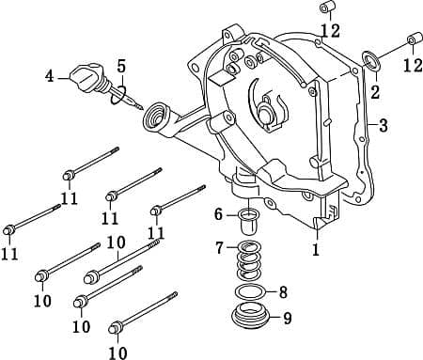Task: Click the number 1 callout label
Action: click(x=316, y=250)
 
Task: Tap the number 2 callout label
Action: click(x=374, y=92)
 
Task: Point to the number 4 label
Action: click(x=50, y=75)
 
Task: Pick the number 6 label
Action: click(x=219, y=214)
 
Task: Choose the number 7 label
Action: click(x=219, y=248)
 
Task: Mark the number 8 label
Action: click(x=283, y=291)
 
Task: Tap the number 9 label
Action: click(x=287, y=318)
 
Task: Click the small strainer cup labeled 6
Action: click(x=249, y=223)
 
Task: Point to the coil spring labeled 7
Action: click(x=250, y=258)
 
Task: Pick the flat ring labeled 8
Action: click(x=250, y=292)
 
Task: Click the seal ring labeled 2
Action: click(x=369, y=64)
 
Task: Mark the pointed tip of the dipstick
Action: click(x=142, y=109)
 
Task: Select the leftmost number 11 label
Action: click(x=9, y=254)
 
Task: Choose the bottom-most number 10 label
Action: click(x=117, y=352)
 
